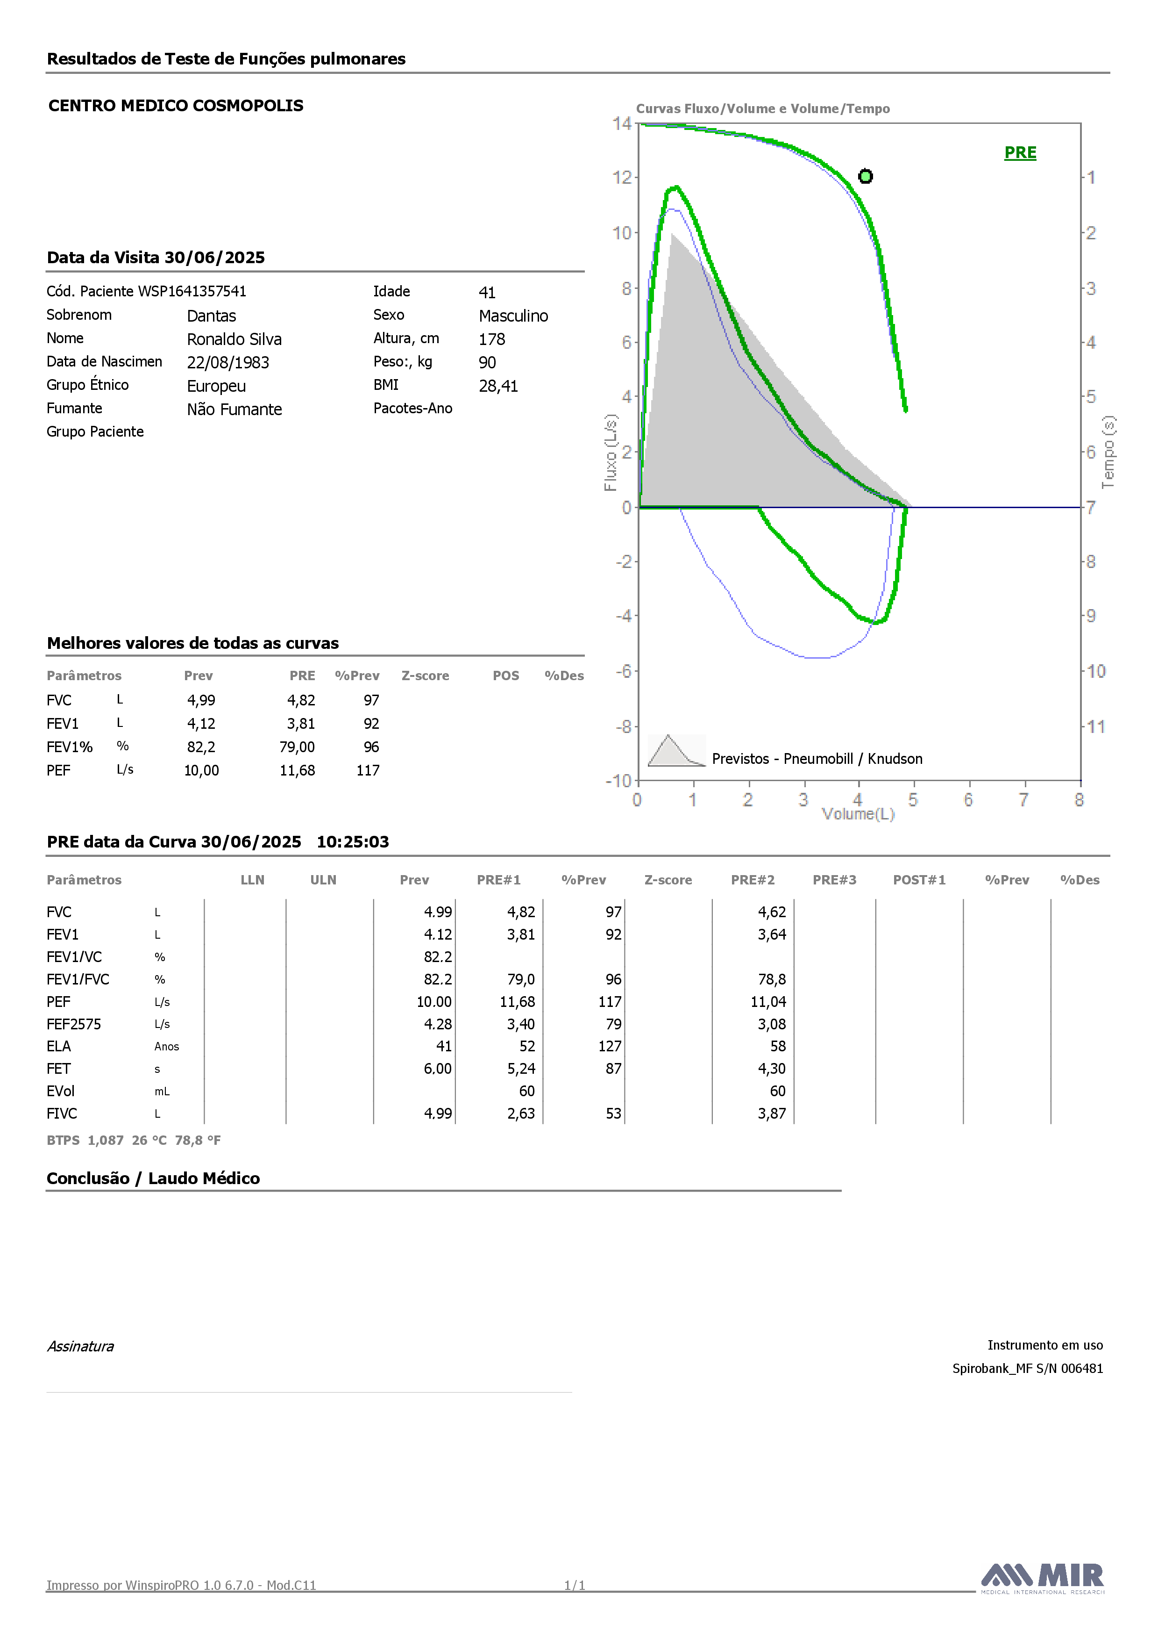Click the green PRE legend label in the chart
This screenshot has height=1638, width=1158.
pyautogui.click(x=1020, y=153)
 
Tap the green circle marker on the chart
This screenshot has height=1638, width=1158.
pyautogui.click(x=865, y=176)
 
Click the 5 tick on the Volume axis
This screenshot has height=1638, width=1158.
pyautogui.click(x=913, y=800)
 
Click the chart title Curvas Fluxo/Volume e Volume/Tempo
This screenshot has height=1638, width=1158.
pyautogui.click(x=763, y=108)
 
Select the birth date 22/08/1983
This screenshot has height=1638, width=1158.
pyautogui.click(x=228, y=362)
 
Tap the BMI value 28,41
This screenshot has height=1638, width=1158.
pyautogui.click(x=498, y=386)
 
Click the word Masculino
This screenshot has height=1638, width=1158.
pyautogui.click(x=513, y=316)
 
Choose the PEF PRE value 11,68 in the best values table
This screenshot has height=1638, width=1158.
pyautogui.click(x=298, y=770)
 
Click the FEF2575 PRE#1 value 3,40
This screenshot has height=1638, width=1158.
pyautogui.click(x=521, y=1025)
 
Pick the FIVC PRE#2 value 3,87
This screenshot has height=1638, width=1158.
pyautogui.click(x=772, y=1114)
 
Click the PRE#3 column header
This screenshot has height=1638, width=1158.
pyautogui.click(x=834, y=880)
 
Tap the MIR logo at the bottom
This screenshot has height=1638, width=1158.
pyautogui.click(x=1043, y=1577)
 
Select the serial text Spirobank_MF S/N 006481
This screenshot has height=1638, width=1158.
pyautogui.click(x=1028, y=1368)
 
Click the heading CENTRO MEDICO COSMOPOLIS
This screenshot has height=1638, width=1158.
pyautogui.click(x=176, y=106)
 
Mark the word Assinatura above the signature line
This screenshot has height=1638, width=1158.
pyautogui.click(x=80, y=1346)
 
